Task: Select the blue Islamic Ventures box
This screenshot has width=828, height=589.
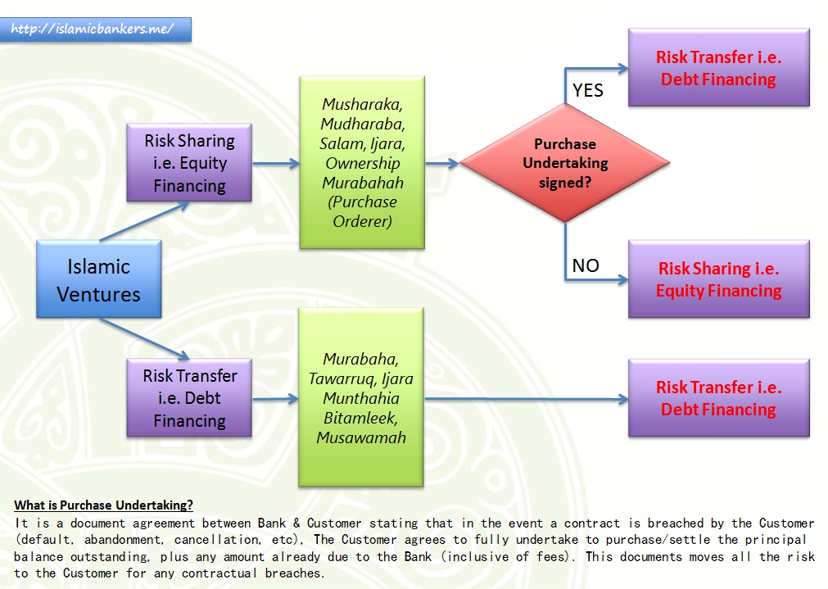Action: tap(98, 280)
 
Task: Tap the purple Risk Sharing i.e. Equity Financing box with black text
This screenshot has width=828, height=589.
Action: tap(189, 163)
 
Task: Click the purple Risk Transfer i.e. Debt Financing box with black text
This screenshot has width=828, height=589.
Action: tap(189, 398)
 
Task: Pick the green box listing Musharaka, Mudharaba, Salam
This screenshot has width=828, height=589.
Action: tap(361, 162)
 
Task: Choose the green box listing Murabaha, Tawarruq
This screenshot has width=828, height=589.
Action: tap(361, 397)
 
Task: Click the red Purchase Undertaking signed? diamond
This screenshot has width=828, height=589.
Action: tap(565, 163)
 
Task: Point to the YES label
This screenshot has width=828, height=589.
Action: tap(587, 90)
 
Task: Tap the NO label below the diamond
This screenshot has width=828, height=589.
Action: tap(586, 265)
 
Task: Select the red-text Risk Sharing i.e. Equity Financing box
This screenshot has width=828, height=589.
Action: tap(718, 279)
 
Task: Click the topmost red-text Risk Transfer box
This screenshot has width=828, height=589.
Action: tap(718, 68)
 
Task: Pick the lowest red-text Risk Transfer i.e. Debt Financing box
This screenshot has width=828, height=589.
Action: tap(718, 398)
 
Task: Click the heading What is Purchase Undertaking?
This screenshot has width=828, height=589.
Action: tap(103, 505)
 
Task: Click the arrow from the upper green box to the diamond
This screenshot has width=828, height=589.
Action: tap(442, 163)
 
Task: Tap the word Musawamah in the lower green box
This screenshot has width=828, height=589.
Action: tap(361, 437)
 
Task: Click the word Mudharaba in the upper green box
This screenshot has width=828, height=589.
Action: tap(363, 124)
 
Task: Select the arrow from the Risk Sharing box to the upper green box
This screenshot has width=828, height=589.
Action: tap(275, 163)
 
